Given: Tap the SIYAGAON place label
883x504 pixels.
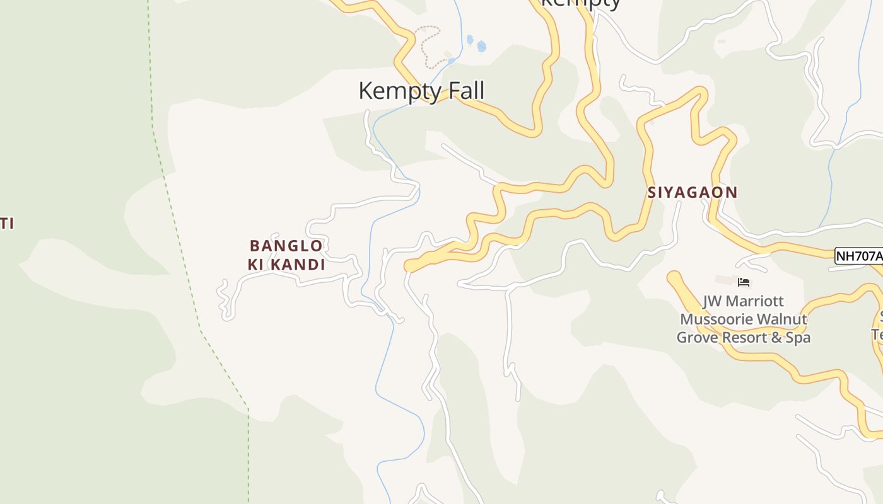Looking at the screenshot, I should point(692,193).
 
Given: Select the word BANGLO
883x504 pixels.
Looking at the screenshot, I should point(286,246).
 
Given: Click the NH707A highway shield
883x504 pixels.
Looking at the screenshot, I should point(859,256).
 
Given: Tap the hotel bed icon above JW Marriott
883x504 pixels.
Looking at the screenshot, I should point(744,282).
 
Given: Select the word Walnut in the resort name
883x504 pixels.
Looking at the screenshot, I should point(783,319).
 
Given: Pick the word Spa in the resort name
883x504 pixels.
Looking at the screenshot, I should point(798,338).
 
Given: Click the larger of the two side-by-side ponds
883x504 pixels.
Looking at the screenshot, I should point(482,46).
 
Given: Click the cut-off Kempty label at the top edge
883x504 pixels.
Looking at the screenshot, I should point(580,3).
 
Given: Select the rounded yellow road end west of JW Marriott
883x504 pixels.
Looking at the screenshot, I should point(675,278).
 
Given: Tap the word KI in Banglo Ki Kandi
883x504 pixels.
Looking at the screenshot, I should point(256,265).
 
